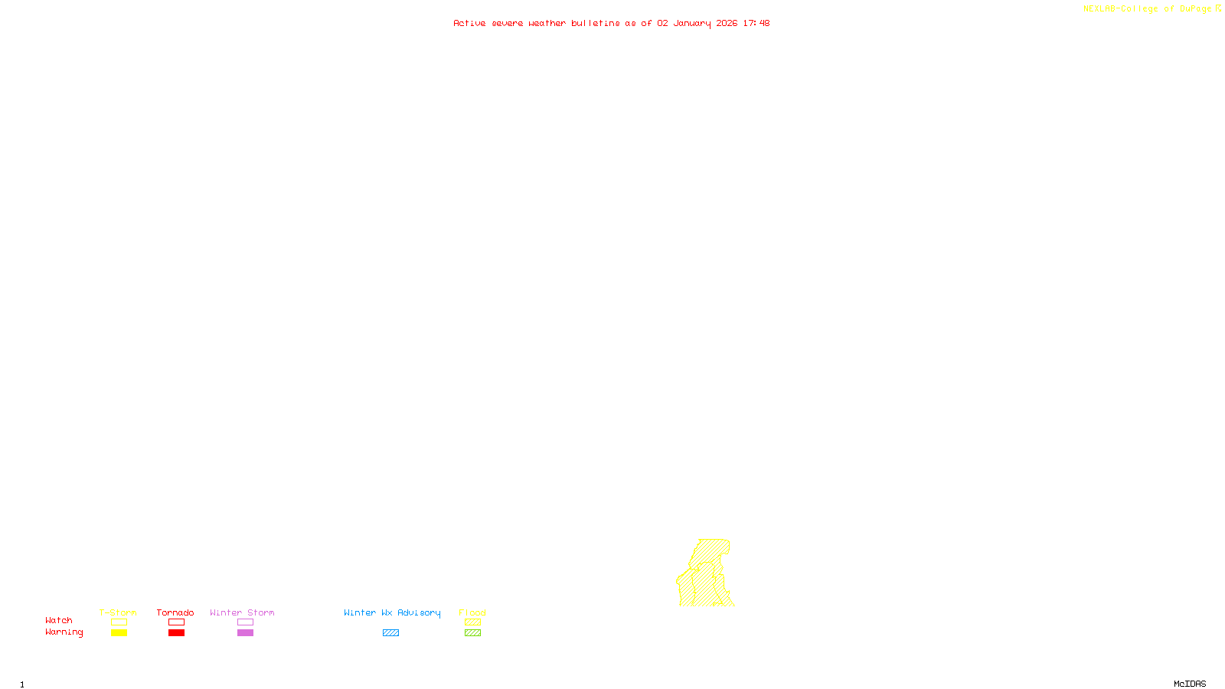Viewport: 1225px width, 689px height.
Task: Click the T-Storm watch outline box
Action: tap(119, 622)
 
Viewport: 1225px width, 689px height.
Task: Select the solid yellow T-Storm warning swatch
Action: tap(119, 633)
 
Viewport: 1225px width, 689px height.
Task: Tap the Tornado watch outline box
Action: tap(176, 622)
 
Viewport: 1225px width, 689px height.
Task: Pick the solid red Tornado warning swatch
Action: tap(176, 633)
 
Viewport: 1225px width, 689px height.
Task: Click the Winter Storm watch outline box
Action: tap(245, 622)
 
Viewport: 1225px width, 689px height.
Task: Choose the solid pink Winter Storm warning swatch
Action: tap(245, 633)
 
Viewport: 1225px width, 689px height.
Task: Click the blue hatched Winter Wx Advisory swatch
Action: tap(390, 633)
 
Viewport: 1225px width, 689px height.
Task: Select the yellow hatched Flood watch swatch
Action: tap(472, 622)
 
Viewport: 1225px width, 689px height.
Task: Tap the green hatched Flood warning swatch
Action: tap(472, 633)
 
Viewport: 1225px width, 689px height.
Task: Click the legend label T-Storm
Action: tap(118, 612)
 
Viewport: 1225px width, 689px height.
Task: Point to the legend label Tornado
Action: tap(175, 612)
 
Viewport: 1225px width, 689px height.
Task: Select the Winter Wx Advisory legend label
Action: tap(392, 612)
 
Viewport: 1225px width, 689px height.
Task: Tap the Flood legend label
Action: tap(472, 612)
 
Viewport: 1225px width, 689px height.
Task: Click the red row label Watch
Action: tap(59, 621)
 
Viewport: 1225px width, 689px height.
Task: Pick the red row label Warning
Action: tap(64, 632)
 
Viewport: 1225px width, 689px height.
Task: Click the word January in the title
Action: tap(692, 24)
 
